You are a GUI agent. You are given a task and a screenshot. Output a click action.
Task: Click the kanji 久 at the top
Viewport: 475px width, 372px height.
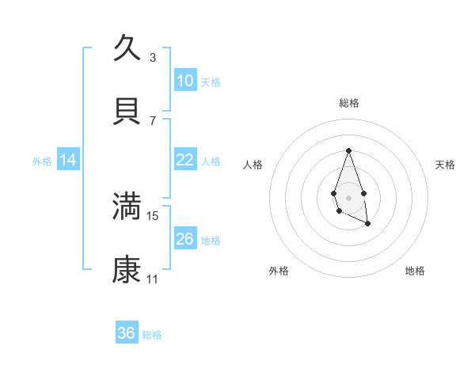point(127,48)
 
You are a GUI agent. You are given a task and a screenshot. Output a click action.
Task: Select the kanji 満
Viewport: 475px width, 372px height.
point(127,207)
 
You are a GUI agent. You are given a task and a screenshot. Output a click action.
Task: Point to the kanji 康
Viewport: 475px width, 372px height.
point(127,270)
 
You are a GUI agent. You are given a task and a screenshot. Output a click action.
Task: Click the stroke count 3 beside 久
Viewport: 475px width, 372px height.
point(153,58)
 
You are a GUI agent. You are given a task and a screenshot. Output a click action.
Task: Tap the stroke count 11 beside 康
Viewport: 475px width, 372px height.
point(153,279)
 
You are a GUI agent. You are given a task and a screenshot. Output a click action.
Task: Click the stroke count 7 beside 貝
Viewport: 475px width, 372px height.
point(153,121)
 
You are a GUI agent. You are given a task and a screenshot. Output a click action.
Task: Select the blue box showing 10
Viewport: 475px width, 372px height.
point(185,81)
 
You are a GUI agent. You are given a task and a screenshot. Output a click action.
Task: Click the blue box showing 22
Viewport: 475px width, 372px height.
point(185,160)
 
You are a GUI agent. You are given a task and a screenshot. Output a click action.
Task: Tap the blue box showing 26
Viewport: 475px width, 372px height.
point(185,239)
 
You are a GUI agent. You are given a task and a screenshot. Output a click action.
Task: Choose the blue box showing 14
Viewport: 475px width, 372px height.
point(68,160)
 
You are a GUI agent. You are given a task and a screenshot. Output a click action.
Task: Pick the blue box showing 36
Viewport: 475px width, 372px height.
point(127,333)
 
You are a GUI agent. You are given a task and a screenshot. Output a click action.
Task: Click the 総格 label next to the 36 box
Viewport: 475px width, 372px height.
point(152,335)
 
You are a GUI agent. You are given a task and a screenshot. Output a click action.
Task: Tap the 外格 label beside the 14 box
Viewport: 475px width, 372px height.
point(42,161)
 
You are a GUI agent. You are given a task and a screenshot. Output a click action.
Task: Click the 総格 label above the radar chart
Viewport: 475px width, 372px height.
point(348,103)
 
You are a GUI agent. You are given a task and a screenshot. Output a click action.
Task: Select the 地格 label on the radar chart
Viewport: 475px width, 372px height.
point(415,271)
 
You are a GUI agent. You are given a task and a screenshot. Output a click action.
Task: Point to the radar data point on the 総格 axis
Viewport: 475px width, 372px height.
point(348,150)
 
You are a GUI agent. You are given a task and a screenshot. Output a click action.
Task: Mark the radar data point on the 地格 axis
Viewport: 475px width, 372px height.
point(368,224)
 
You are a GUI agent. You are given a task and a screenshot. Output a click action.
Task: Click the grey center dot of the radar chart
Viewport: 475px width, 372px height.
point(348,196)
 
